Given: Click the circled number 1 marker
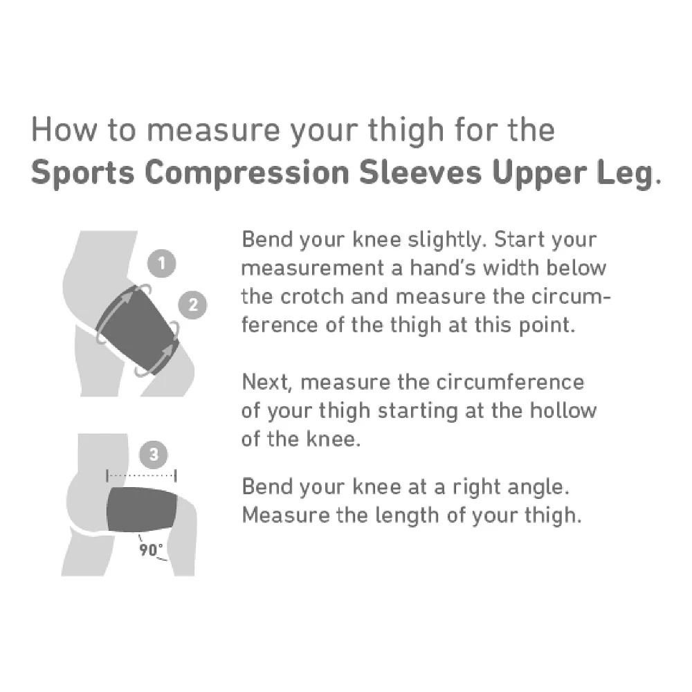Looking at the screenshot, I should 162,264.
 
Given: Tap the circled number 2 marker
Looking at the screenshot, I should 192,304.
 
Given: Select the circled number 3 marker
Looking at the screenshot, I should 154,455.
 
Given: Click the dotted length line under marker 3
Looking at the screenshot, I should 141,476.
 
